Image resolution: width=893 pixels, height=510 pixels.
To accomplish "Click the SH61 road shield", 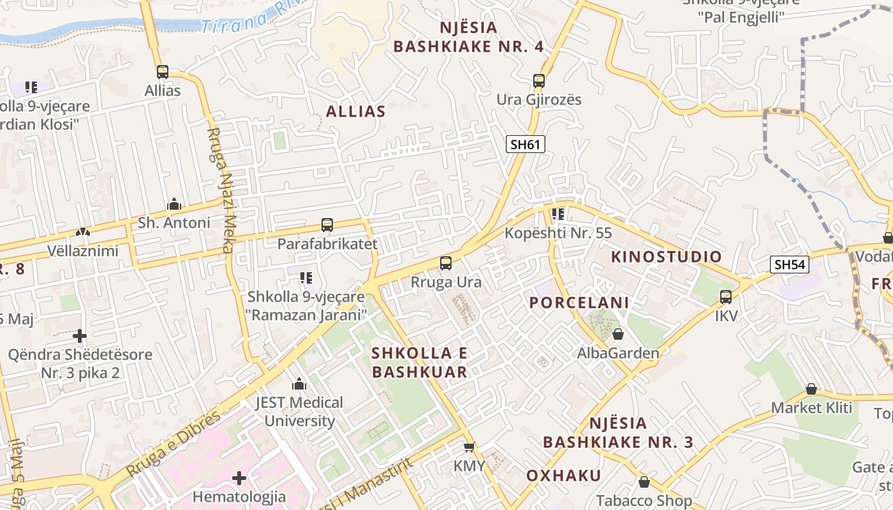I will [x=526, y=144].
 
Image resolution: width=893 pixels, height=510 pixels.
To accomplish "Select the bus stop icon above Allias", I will [x=163, y=72].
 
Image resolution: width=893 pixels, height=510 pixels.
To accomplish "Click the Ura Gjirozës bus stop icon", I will [x=539, y=81].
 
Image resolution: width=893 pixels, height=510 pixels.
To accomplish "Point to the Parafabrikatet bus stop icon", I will [x=327, y=225].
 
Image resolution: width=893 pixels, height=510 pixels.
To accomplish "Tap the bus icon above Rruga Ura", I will [x=446, y=263].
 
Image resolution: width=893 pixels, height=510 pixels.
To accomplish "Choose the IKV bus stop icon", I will [x=726, y=296].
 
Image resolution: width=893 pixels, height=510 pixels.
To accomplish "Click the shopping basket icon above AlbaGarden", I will [x=617, y=334].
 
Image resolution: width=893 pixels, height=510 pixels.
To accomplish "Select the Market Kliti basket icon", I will [x=811, y=389].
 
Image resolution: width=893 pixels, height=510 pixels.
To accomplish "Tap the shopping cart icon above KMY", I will [x=469, y=448].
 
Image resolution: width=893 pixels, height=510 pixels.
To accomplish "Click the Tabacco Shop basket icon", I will [x=644, y=482].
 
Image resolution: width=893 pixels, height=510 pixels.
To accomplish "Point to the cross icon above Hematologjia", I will [x=239, y=477].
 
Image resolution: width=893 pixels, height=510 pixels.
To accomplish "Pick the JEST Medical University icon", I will [x=299, y=384].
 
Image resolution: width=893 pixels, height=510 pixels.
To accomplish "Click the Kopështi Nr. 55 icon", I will [x=558, y=214].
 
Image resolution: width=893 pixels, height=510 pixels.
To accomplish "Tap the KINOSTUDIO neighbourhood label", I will [x=667, y=257].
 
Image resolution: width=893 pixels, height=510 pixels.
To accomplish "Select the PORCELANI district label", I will [x=579, y=303].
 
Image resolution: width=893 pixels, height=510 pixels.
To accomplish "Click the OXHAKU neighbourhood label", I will [x=563, y=476].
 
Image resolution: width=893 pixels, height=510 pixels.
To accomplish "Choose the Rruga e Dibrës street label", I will [x=173, y=443].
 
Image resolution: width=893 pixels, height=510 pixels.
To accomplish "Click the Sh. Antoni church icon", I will [x=173, y=204].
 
